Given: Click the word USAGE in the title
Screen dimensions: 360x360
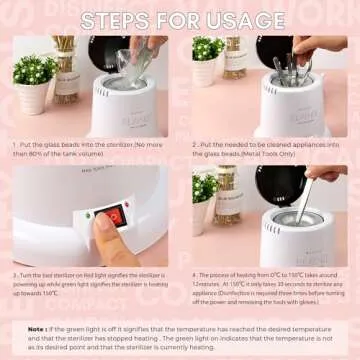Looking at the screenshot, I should [x=236, y=20].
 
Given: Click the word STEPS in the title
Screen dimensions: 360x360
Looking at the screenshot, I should [x=118, y=20].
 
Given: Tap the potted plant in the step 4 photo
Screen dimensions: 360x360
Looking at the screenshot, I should [x=207, y=190].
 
